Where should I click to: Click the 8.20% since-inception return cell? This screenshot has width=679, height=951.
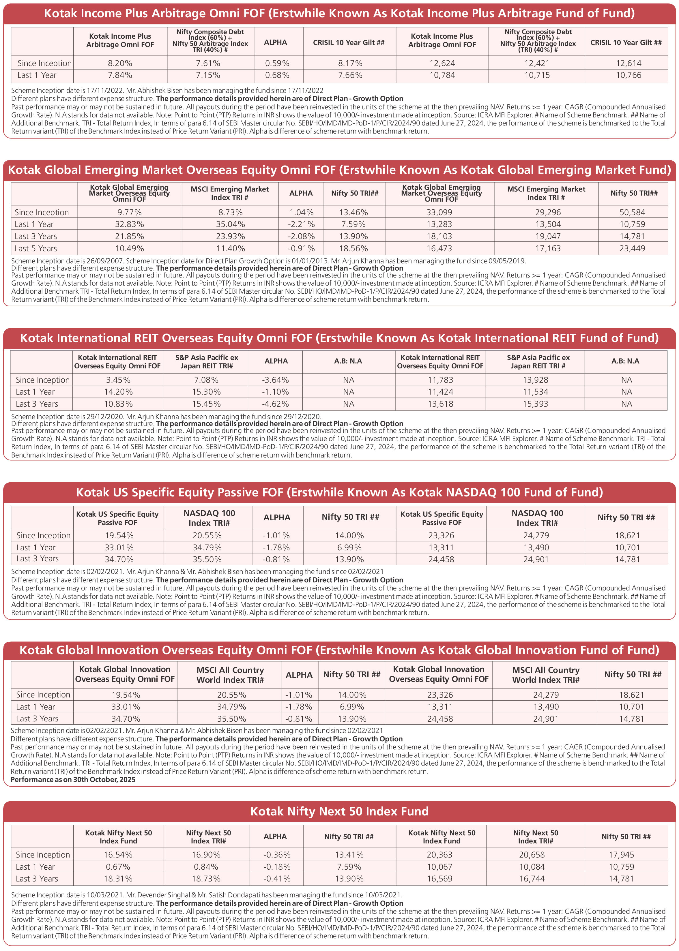pyautogui.click(x=120, y=63)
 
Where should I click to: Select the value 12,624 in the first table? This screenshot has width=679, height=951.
pyautogui.click(x=442, y=63)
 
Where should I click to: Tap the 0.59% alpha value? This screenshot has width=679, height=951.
pyautogui.click(x=277, y=63)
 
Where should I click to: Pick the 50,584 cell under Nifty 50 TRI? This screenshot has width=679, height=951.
pyautogui.click(x=632, y=212)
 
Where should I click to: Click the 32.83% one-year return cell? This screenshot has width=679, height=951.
pyautogui.click(x=129, y=224)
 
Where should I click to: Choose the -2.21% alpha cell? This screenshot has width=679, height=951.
pyautogui.click(x=301, y=224)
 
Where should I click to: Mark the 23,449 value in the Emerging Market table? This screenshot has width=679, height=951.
pyautogui.click(x=632, y=248)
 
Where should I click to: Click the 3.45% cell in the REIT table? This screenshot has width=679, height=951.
pyautogui.click(x=118, y=380)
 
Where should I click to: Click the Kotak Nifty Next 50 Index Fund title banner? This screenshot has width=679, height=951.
pyautogui.click(x=339, y=811)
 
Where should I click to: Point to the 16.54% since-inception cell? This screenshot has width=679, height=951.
pyautogui.click(x=118, y=854)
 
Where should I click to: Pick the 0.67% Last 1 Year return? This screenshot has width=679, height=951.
pyautogui.click(x=118, y=866)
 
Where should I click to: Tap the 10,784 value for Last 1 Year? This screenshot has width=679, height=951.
pyautogui.click(x=442, y=75)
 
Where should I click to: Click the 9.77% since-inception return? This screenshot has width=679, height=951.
pyautogui.click(x=129, y=212)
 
